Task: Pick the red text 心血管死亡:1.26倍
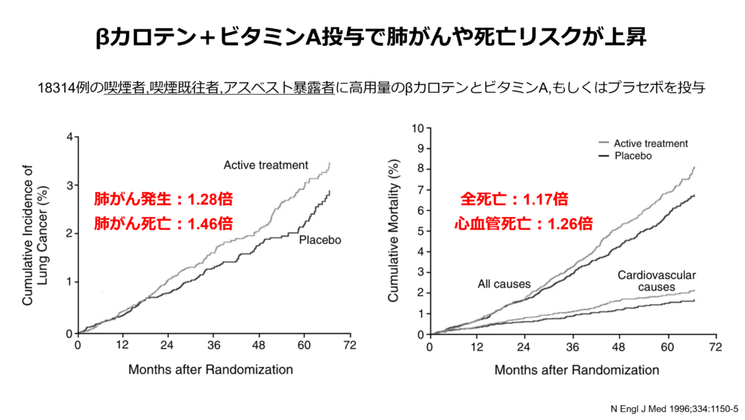[x=522, y=223]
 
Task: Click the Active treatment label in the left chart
[x=266, y=165]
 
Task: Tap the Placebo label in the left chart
[x=321, y=239]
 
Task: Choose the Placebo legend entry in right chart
[x=632, y=156]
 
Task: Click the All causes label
[x=504, y=284]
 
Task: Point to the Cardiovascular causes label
[x=656, y=281]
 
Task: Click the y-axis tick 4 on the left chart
[x=69, y=137]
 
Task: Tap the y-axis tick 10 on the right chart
[x=418, y=129]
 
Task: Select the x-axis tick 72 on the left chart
[x=349, y=346]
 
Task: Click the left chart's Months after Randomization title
[x=211, y=369]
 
